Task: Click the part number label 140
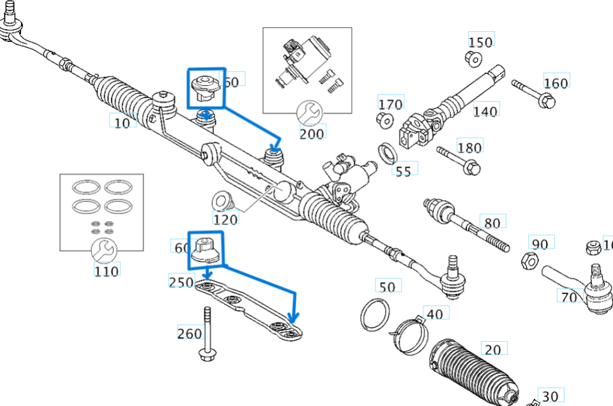pyautogui.click(x=485, y=112)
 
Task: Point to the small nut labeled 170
pyautogui.click(x=384, y=119)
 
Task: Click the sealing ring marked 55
pyautogui.click(x=387, y=153)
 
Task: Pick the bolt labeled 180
pyautogui.click(x=457, y=160)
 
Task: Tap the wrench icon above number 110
pyautogui.click(x=102, y=250)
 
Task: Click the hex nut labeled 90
pyautogui.click(x=529, y=260)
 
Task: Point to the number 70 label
pyautogui.click(x=568, y=298)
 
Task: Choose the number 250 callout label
pyautogui.click(x=181, y=282)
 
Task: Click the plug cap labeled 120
pyautogui.click(x=221, y=200)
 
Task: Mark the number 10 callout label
pyautogui.click(x=122, y=121)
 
